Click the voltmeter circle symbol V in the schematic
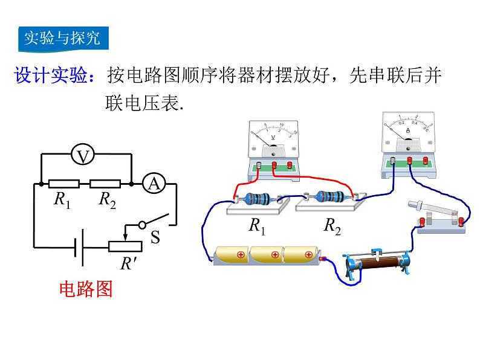pyautogui.click(x=84, y=156)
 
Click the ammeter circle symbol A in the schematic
pyautogui.click(x=154, y=183)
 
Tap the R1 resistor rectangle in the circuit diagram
pyautogui.click(x=63, y=183)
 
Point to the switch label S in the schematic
pyautogui.click(x=155, y=237)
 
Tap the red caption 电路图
pyautogui.click(x=86, y=289)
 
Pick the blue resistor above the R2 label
pyautogui.click(x=329, y=197)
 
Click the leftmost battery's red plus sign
pyautogui.click(x=241, y=254)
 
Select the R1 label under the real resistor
pyautogui.click(x=257, y=226)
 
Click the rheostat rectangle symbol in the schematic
pyautogui.click(x=125, y=246)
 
